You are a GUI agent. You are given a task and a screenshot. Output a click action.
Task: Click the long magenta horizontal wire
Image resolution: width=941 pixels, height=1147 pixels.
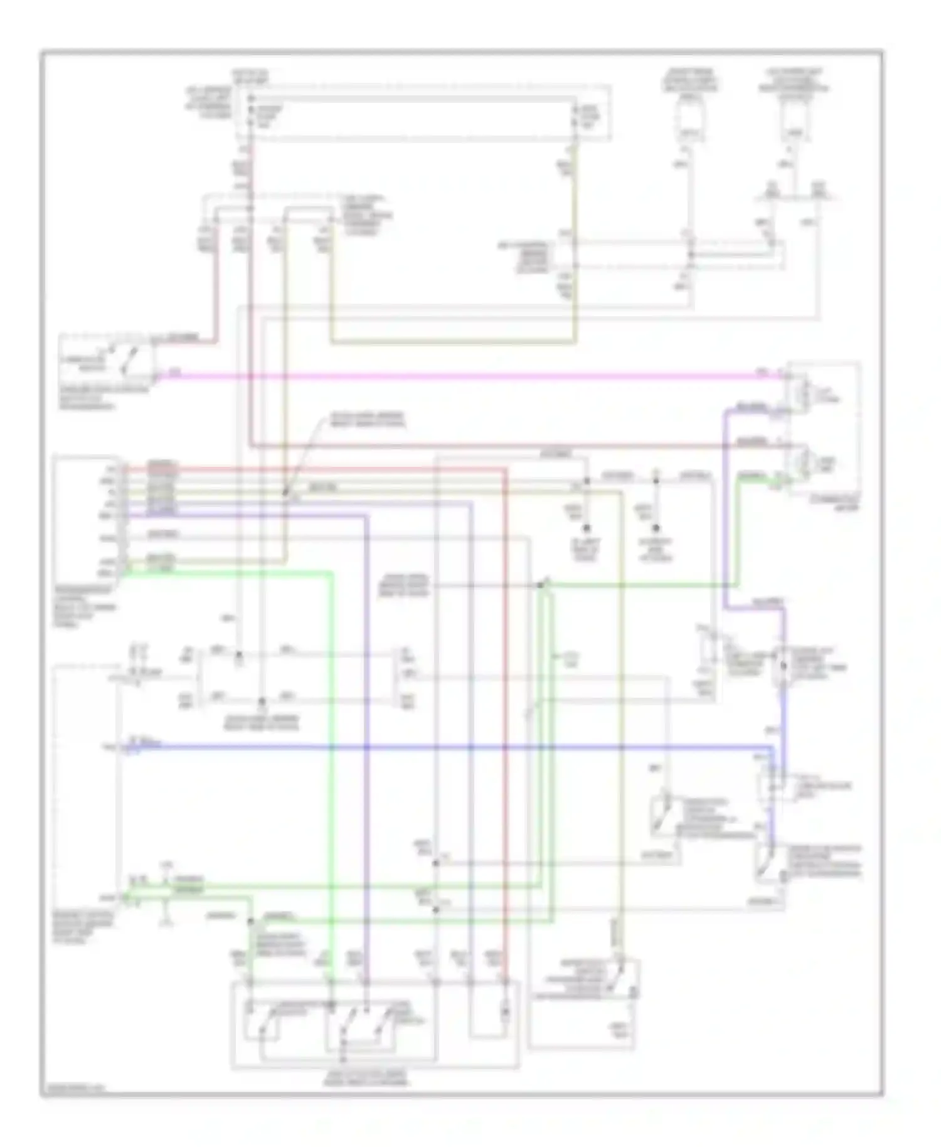[x=458, y=376]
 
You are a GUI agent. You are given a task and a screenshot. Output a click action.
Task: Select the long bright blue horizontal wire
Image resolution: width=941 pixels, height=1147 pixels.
[x=439, y=747]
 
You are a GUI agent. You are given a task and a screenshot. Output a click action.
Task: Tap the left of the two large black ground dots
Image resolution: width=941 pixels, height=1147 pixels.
[x=586, y=528]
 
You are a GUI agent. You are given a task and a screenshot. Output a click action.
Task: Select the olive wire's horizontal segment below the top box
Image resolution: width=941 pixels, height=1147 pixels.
[x=452, y=343]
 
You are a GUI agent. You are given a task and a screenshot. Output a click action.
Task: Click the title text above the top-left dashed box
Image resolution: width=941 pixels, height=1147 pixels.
[x=250, y=77]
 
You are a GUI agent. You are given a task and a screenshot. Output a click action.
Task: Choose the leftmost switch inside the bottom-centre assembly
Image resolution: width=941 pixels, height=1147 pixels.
[x=263, y=1020]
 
